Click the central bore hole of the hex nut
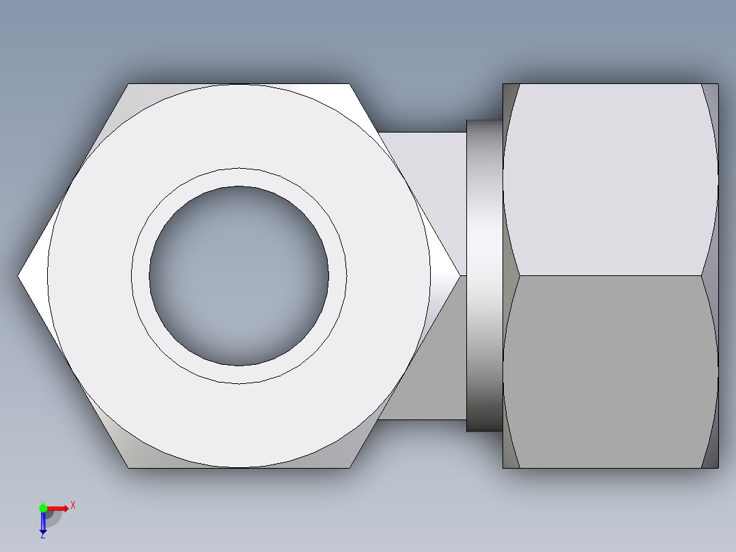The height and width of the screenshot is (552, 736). tap(238, 276)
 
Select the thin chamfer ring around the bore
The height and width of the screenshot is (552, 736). tap(238, 177)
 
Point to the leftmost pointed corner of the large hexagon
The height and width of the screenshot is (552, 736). tap(19, 276)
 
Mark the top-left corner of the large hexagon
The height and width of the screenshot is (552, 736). tap(129, 85)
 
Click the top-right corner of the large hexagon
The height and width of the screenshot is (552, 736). tap(350, 85)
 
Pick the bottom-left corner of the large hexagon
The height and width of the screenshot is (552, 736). tap(129, 467)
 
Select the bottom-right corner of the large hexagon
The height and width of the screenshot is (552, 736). tap(350, 467)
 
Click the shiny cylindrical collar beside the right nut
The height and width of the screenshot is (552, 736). tap(485, 276)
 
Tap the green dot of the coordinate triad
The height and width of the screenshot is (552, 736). tap(43, 508)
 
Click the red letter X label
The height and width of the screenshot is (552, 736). tap(73, 506)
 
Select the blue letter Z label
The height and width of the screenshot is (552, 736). tap(42, 536)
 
